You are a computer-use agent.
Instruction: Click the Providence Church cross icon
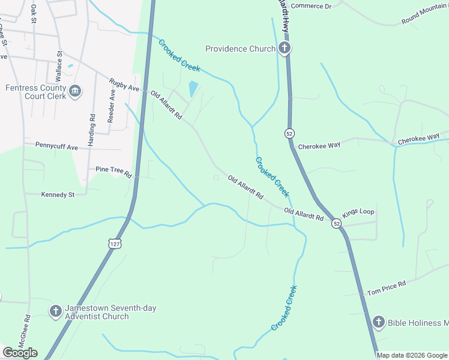point(285,49)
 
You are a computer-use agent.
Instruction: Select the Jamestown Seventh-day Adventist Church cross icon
point(55,311)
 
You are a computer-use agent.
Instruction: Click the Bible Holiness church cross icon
point(378,322)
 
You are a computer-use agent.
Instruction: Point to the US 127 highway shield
point(115,243)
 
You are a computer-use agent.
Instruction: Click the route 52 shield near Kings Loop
point(336,223)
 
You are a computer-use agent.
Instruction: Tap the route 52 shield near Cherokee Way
point(290,133)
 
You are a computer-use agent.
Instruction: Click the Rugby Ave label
point(124,85)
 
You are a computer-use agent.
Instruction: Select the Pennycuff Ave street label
point(56,146)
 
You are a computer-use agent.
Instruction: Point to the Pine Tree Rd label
point(113,173)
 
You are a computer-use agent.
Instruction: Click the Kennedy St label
point(58,194)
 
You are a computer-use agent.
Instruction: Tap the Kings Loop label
point(358,213)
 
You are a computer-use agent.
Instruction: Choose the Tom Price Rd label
point(387,286)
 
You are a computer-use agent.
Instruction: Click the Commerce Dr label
point(311,6)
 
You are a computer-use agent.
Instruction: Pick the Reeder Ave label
point(111,106)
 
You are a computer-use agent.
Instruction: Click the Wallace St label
point(59,67)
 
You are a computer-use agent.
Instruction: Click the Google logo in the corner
point(20,353)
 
